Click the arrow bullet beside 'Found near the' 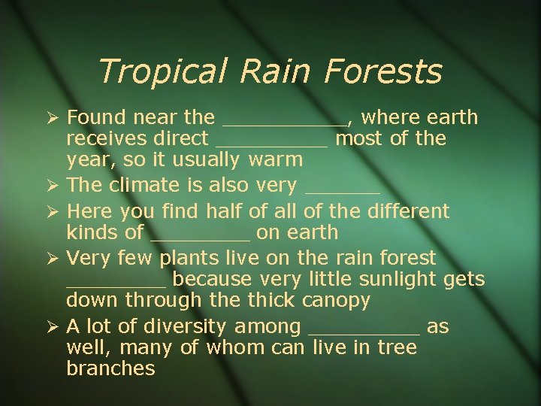50,118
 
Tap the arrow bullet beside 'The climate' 50,185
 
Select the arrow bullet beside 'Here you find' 50,212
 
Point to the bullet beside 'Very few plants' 50,259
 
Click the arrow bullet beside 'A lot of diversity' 50,327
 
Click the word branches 110,369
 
